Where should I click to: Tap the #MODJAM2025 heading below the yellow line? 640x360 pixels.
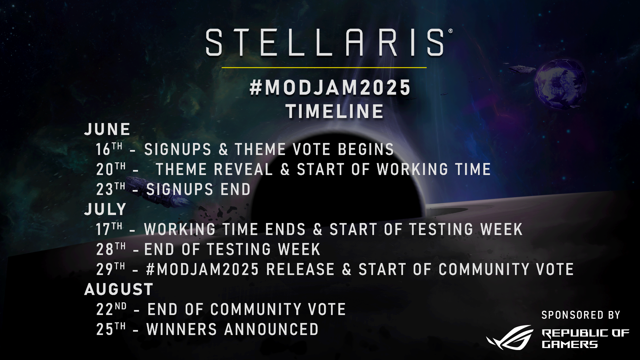coord(330,88)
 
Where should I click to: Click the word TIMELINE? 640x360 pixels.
coord(335,111)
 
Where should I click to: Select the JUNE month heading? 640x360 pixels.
coord(107,129)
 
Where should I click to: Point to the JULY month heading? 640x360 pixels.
coord(105,209)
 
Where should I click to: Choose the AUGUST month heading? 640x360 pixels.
coord(119,289)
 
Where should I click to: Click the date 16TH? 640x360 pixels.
coord(109,149)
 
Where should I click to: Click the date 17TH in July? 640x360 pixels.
coord(109,229)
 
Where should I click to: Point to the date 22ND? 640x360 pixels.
coord(111,309)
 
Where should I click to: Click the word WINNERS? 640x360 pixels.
coord(182,329)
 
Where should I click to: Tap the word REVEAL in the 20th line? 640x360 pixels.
coord(243,169)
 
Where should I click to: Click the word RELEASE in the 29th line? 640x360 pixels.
coord(300,269)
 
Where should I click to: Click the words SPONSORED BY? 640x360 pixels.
coord(581,315)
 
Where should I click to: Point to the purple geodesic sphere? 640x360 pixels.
coord(560,85)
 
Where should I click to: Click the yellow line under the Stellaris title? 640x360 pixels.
coord(324,68)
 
